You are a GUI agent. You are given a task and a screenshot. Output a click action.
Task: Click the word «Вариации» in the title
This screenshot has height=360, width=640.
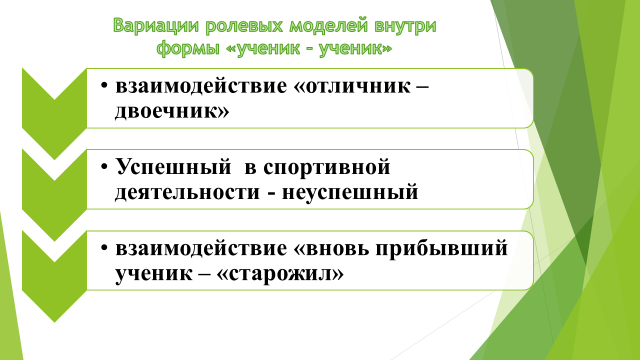coord(156,26)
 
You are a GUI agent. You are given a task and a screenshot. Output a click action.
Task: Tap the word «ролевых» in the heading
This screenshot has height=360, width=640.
coord(244,27)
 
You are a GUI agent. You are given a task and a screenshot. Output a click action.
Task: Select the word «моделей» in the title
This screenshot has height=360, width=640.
coord(328,27)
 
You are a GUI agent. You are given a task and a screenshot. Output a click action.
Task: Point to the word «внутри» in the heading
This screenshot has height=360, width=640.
coord(404,27)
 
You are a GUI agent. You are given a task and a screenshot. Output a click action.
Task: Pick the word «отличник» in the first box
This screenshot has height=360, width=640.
coord(357,86)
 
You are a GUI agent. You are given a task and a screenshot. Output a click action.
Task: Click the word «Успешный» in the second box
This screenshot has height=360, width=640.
coord(173,167)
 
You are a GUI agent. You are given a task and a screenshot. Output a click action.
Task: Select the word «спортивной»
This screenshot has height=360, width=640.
coord(327,168)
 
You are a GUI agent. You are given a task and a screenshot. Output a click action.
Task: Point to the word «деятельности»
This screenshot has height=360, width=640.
coord(187,192)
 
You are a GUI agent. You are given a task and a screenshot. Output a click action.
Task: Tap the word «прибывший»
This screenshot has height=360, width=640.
coord(441,249)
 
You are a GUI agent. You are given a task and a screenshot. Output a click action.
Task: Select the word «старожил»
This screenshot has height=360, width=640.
coord(280,274)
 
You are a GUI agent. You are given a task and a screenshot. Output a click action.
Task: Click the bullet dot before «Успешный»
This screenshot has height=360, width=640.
coord(104,167)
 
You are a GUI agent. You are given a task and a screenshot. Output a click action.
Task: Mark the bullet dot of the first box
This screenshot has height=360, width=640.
coord(104,86)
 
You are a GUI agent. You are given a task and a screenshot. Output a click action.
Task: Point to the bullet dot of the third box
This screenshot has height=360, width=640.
coord(104,248)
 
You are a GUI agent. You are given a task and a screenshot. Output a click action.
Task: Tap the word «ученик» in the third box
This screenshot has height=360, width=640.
coord(153,274)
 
